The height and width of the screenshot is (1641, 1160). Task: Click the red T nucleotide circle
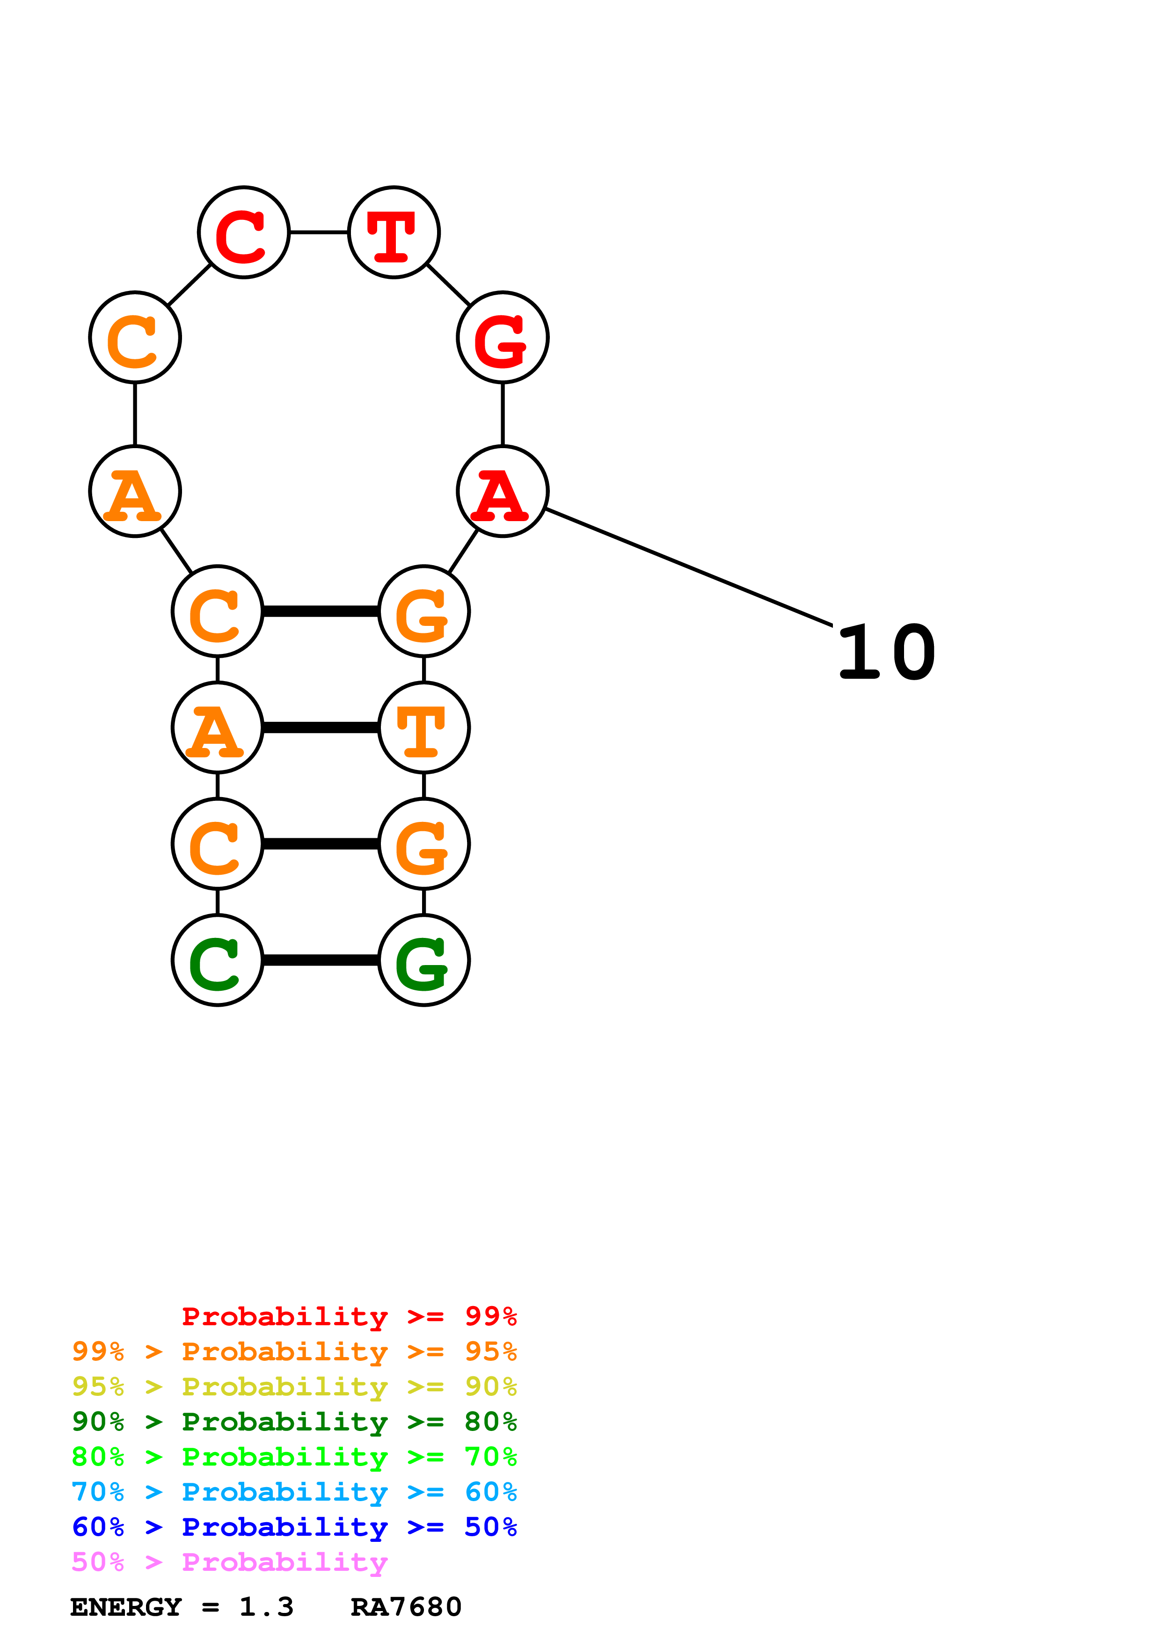394,232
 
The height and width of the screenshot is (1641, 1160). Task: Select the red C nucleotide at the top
244,232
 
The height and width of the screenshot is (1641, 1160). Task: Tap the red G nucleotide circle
503,337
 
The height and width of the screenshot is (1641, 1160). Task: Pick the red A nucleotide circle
503,492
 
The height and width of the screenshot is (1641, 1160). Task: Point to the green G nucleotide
424,960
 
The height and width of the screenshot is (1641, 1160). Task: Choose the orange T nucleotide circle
424,727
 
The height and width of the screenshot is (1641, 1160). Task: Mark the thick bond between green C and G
321,960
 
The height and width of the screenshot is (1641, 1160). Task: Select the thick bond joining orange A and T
321,727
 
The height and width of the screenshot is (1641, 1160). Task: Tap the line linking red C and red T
319,232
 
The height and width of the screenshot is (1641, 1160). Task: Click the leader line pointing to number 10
688,567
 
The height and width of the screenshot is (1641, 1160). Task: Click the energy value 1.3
266,1607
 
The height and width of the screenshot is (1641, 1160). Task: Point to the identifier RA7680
406,1607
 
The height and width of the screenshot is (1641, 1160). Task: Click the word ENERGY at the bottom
126,1607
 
